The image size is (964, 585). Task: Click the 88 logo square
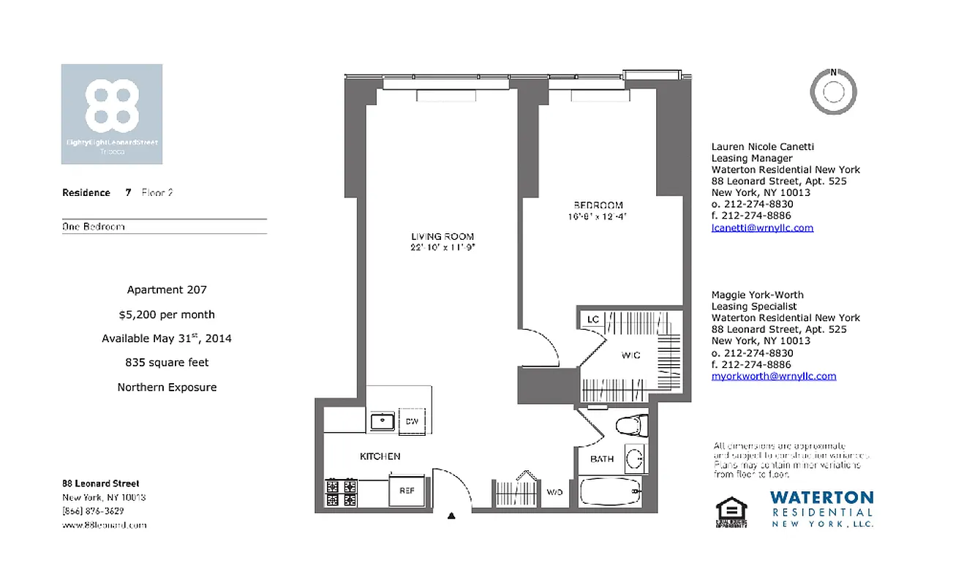click(x=112, y=114)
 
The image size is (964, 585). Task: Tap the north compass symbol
click(x=833, y=91)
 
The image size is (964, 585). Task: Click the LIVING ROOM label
click(x=442, y=237)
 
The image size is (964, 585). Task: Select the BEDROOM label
click(x=598, y=205)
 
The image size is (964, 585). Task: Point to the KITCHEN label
click(x=380, y=456)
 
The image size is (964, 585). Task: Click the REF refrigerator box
click(x=407, y=491)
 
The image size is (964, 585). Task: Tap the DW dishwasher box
click(x=411, y=421)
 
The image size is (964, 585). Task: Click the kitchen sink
click(x=382, y=421)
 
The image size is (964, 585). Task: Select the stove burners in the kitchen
click(x=340, y=493)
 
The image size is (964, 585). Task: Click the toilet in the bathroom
click(x=630, y=426)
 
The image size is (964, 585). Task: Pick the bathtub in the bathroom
click(x=611, y=491)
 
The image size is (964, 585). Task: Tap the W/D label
click(x=554, y=492)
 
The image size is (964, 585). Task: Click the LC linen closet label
click(x=593, y=320)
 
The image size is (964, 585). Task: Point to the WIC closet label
click(x=630, y=355)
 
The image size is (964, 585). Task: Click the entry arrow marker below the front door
click(x=451, y=516)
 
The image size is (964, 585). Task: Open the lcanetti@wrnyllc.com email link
click(x=762, y=227)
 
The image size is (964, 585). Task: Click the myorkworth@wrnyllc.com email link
click(x=773, y=376)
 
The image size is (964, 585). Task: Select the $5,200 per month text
click(x=167, y=314)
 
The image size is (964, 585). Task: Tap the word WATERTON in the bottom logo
click(x=821, y=497)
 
